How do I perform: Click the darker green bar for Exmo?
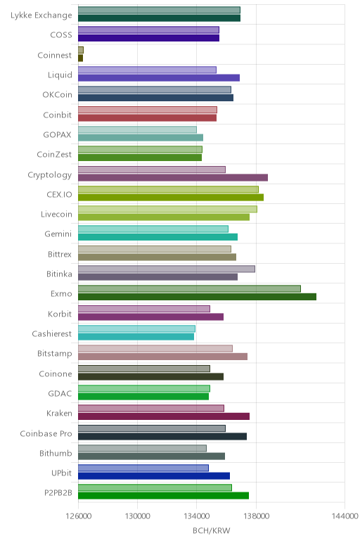point(197,297)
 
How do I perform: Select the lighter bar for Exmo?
point(189,289)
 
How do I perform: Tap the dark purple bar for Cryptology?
point(173,178)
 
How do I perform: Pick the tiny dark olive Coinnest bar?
point(80,58)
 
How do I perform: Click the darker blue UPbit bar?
point(154,476)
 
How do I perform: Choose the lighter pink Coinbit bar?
point(148,110)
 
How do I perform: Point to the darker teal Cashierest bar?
point(136,337)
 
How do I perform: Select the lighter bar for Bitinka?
point(167,269)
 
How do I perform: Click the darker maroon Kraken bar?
point(164,416)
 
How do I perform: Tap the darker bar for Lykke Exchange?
point(159,18)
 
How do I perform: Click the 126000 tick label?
point(79,516)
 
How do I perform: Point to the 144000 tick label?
point(345,516)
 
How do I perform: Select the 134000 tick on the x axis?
point(197,516)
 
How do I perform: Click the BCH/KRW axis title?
point(211,530)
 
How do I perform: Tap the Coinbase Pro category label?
point(46,433)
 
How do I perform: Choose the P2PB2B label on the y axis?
point(58,492)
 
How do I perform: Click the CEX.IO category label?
point(59,194)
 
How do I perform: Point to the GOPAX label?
point(57,135)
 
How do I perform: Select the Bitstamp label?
point(55,354)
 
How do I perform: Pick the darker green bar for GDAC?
point(143,397)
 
